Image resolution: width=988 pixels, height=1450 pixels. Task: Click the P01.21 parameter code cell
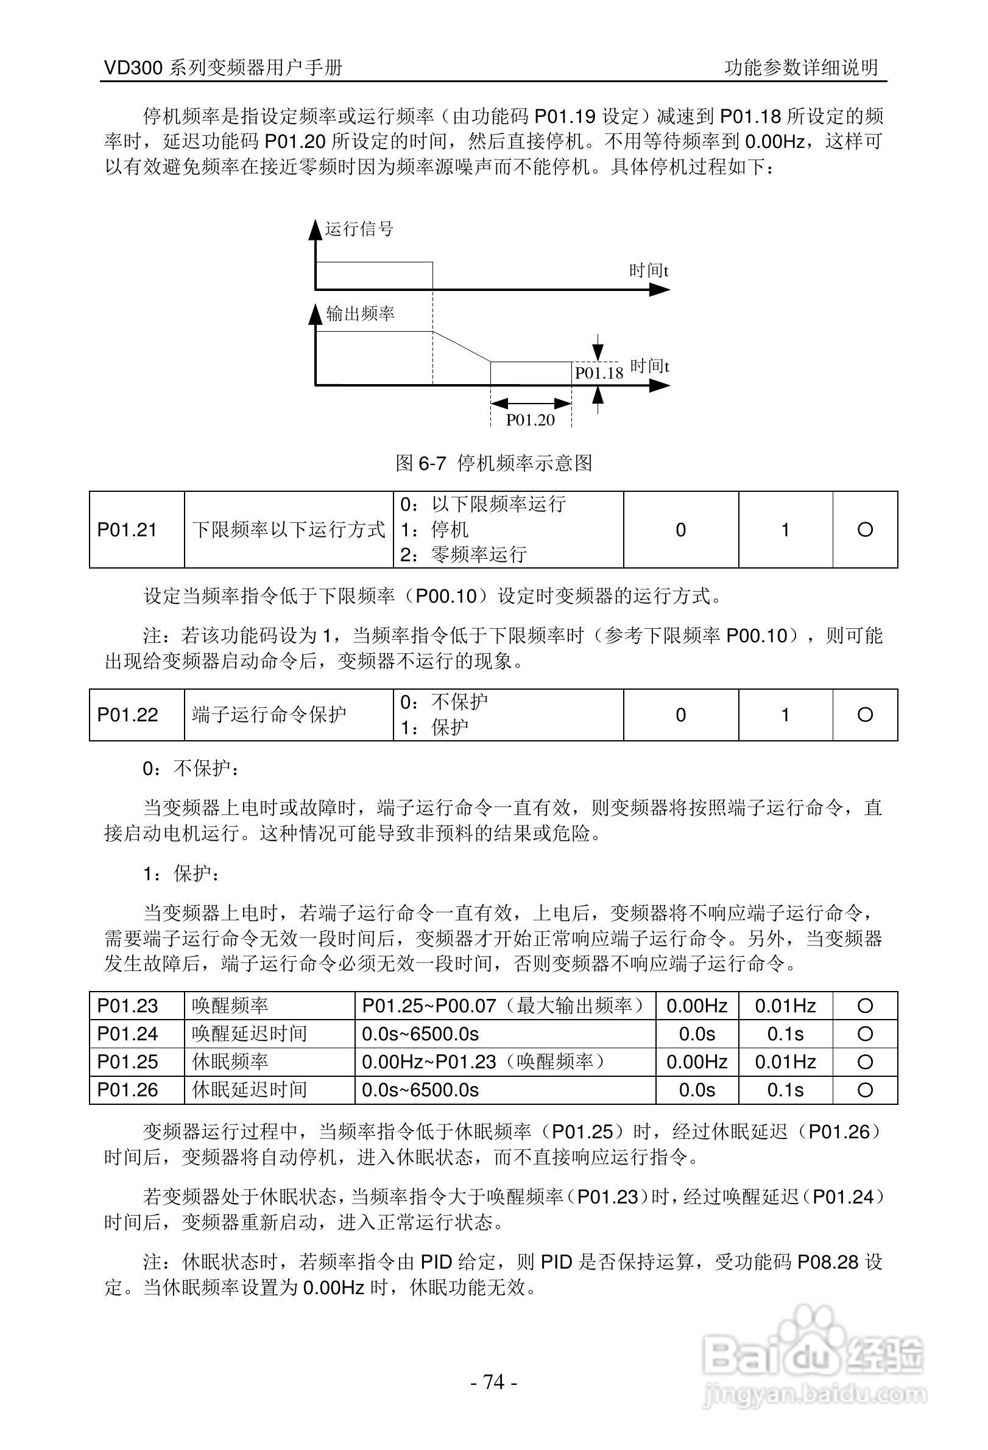127,530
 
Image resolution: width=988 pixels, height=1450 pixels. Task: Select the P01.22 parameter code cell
127,715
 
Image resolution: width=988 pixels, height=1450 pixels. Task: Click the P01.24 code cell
127,1033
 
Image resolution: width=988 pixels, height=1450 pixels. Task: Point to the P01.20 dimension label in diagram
530,420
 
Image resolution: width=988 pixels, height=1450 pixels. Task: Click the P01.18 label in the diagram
599,373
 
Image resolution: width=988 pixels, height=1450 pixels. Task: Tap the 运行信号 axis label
359,229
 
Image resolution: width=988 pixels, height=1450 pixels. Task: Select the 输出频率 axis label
360,313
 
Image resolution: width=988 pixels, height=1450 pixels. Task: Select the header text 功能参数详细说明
801,68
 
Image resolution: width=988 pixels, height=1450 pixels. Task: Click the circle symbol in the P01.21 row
864,530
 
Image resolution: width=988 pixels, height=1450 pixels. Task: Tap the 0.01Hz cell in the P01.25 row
785,1061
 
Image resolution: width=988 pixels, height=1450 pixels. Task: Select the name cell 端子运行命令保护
269,715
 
